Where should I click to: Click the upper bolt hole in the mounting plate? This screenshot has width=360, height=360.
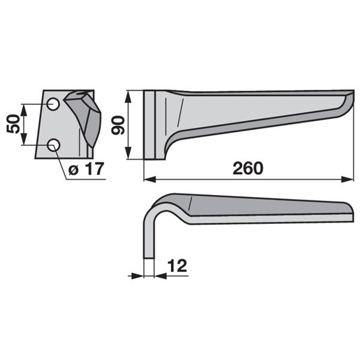pyautogui.click(x=53, y=104)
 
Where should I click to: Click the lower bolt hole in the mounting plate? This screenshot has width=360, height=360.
pyautogui.click(x=53, y=145)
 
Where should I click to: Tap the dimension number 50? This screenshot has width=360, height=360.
pyautogui.click(x=13, y=124)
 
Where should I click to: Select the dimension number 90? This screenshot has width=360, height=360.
pyautogui.click(x=118, y=125)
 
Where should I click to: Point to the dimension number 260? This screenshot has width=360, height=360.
pyautogui.click(x=248, y=168)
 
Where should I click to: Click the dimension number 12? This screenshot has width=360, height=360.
pyautogui.click(x=177, y=266)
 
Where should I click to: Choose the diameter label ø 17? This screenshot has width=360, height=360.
pyautogui.click(x=86, y=169)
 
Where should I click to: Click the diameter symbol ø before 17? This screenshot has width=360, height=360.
pyautogui.click(x=73, y=170)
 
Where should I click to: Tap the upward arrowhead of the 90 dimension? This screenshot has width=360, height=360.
pyautogui.click(x=128, y=97)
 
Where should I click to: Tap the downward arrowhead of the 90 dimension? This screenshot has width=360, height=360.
pyautogui.click(x=128, y=153)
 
